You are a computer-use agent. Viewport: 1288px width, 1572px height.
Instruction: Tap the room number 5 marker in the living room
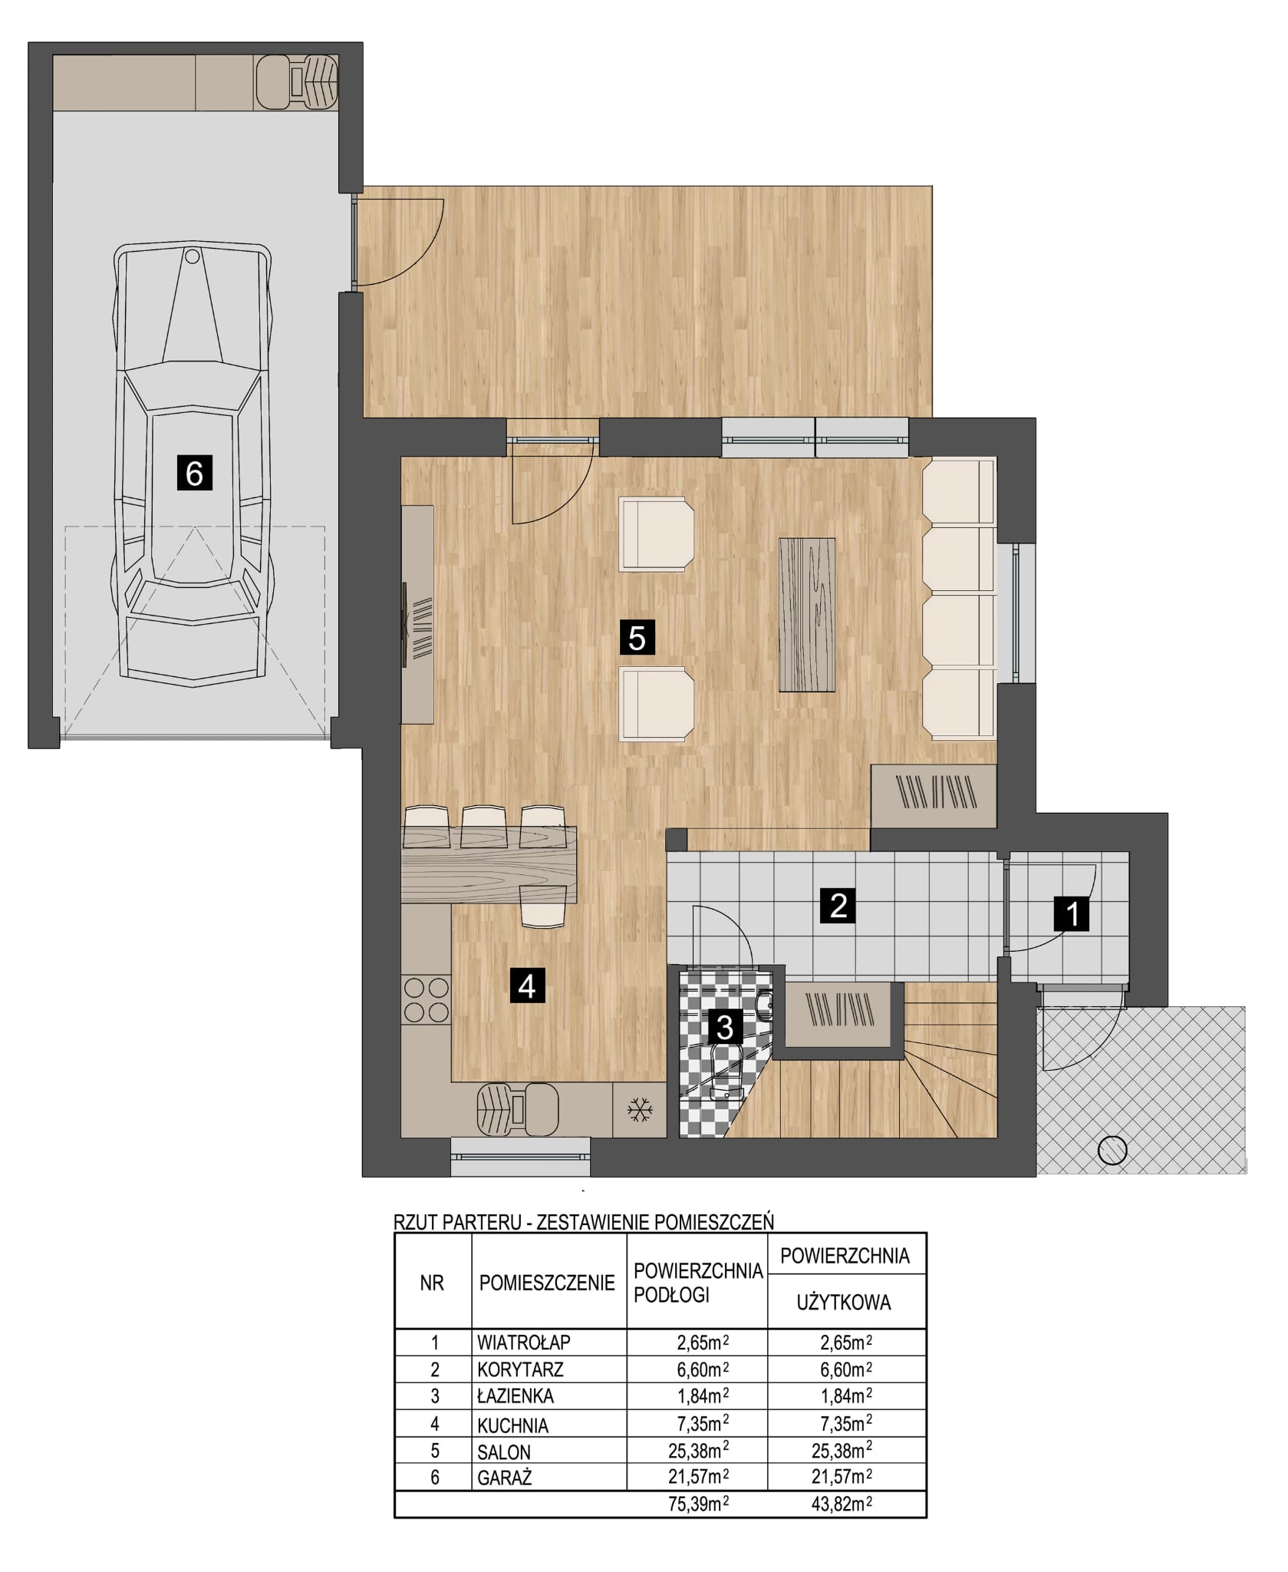(x=637, y=637)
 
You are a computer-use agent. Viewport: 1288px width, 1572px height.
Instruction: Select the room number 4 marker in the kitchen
(x=527, y=985)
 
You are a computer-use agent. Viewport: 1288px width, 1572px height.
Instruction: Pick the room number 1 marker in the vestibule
(x=1072, y=913)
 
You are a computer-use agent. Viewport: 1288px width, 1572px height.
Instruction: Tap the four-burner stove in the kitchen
(x=426, y=999)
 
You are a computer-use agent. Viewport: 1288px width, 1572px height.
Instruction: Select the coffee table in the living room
(x=806, y=614)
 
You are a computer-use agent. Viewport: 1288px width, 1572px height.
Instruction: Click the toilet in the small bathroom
(x=725, y=1068)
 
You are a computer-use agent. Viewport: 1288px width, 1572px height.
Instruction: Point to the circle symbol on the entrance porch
(x=1112, y=1150)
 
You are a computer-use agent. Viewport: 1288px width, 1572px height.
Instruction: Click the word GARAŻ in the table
(x=505, y=1478)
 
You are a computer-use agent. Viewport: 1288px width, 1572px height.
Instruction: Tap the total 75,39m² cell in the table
(x=698, y=1504)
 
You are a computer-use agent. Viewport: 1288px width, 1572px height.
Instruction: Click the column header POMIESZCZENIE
(x=547, y=1283)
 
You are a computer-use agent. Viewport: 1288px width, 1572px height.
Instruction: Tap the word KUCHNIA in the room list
(x=513, y=1425)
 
